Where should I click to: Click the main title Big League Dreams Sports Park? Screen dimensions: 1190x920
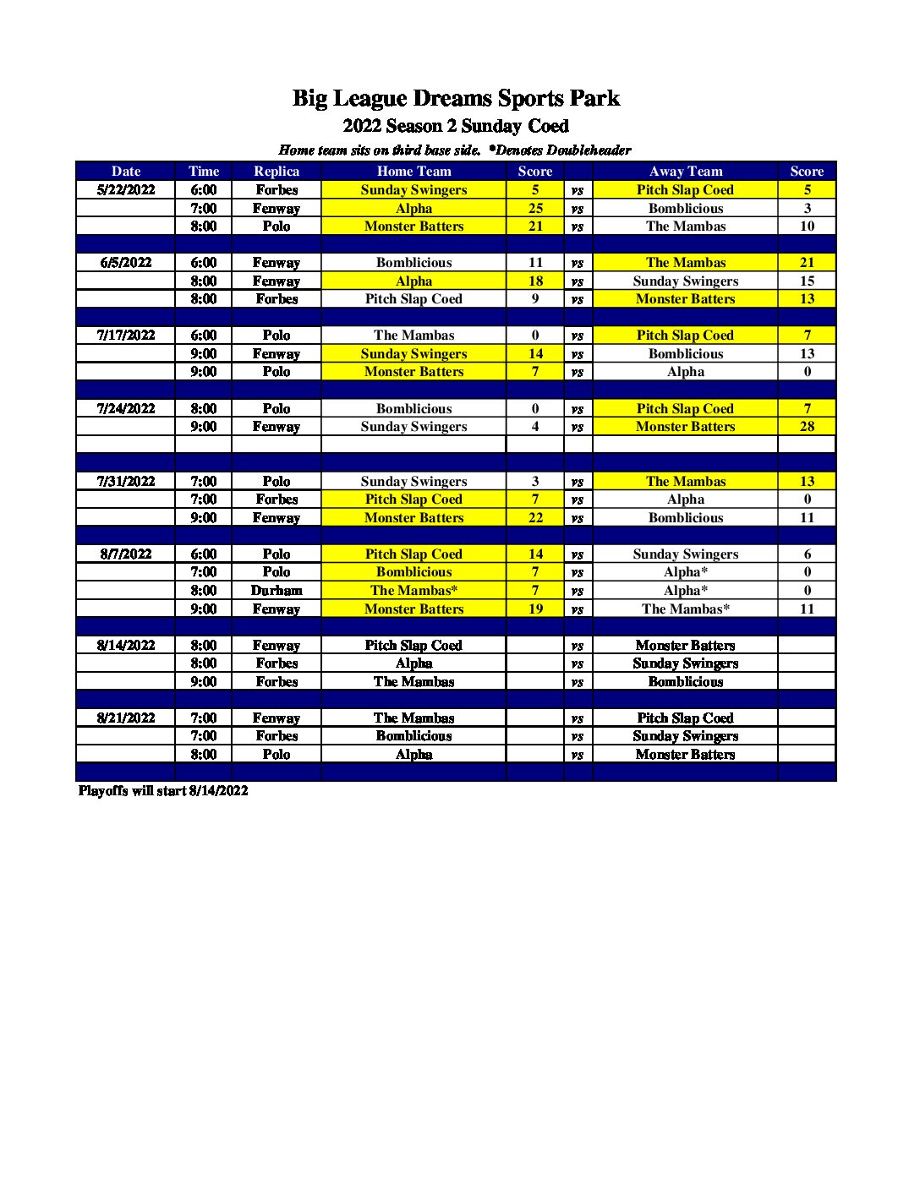[x=456, y=98]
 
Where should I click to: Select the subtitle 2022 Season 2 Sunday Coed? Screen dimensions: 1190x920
[x=456, y=126]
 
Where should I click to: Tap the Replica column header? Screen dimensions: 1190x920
[x=277, y=171]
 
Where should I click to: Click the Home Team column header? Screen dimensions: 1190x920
[x=413, y=171]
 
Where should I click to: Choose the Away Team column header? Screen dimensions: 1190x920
[x=685, y=171]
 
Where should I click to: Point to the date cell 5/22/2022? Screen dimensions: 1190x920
[x=126, y=190]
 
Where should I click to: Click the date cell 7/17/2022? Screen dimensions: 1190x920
[x=126, y=336]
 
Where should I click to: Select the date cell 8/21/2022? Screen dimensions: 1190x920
[x=126, y=718]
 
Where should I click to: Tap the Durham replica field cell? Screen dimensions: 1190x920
[x=277, y=591]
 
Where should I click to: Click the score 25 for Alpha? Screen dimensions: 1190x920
[x=535, y=208]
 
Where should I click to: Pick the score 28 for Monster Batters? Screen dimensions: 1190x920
[x=807, y=427]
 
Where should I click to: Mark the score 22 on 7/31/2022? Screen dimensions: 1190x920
[x=535, y=517]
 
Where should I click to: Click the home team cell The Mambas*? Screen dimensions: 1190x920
[x=413, y=591]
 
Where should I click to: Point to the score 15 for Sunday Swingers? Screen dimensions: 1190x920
[x=807, y=281]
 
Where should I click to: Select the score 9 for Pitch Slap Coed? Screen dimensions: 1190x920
[x=535, y=299]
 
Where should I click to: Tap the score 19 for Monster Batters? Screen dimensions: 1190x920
[x=535, y=609]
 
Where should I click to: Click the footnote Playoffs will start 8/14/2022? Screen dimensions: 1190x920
[x=163, y=791]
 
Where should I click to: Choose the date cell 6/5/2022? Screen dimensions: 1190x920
[x=126, y=263]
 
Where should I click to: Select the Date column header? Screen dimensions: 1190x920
[x=126, y=171]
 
